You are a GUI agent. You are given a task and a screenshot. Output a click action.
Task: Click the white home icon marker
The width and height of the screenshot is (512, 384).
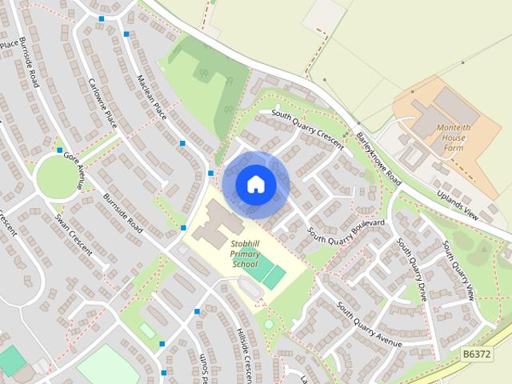(255, 184)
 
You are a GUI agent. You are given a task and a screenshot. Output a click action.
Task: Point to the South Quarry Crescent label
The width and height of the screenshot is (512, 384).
(306, 126)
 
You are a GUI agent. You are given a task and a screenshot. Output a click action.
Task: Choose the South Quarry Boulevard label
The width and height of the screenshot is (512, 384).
(346, 228)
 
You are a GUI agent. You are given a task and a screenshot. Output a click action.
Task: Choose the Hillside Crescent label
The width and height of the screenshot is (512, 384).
(246, 353)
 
